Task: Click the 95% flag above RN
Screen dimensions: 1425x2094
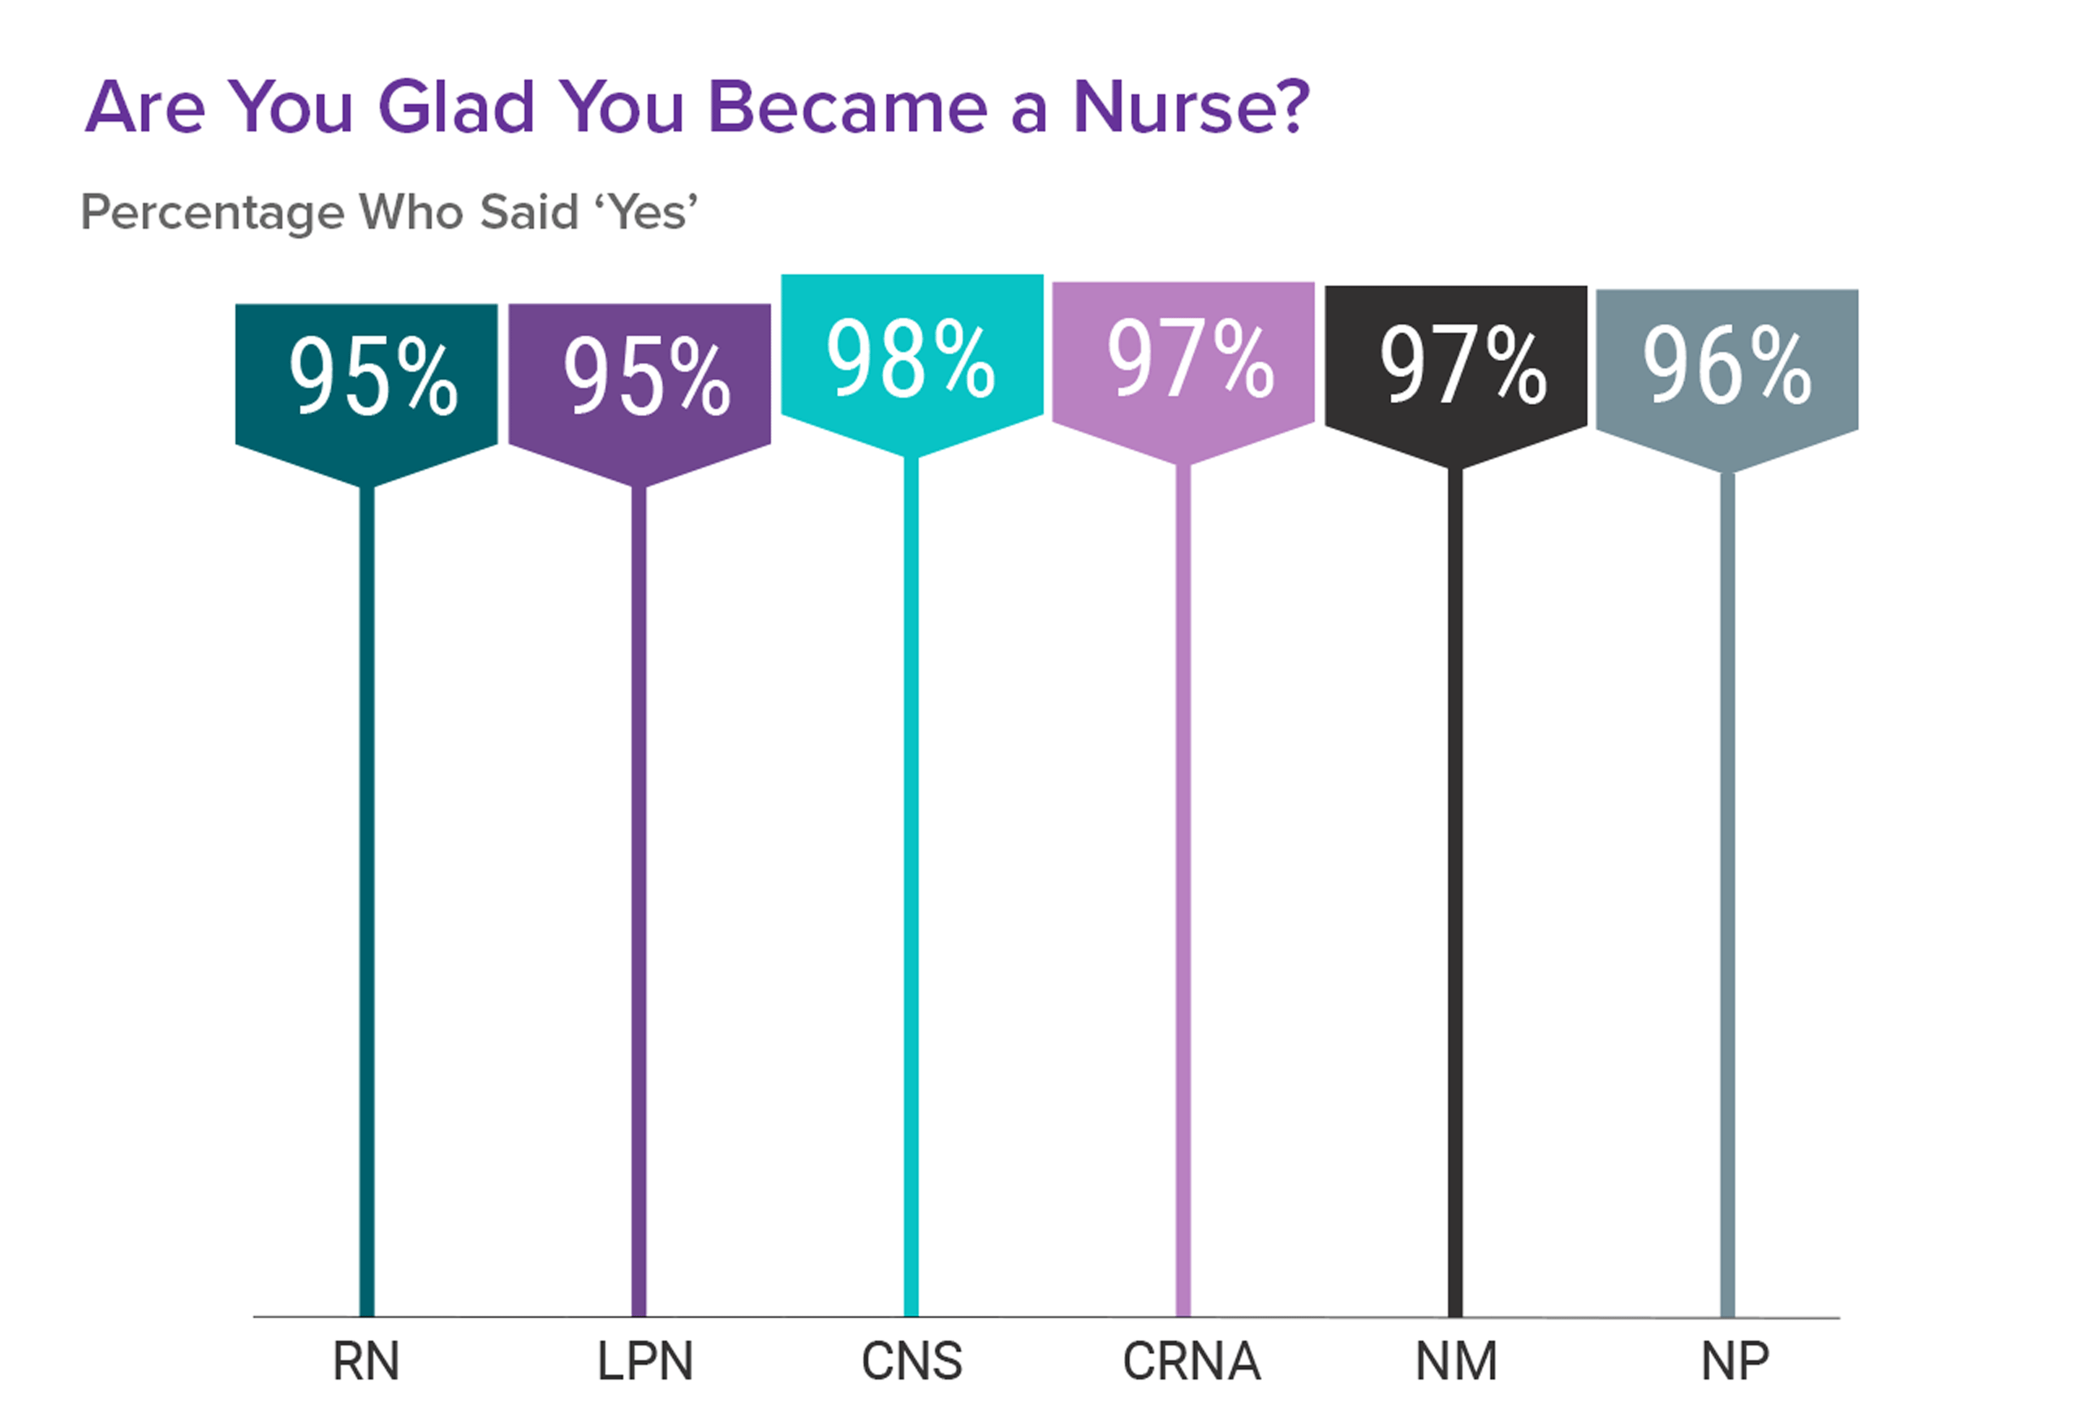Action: click(367, 378)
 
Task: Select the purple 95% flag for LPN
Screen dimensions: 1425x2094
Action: click(640, 378)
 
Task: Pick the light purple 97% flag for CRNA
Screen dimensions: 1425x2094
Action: click(1183, 360)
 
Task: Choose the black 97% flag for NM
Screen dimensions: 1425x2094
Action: click(1456, 365)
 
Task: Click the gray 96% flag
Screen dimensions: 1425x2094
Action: click(1727, 368)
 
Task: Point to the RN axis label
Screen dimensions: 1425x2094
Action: click(366, 1362)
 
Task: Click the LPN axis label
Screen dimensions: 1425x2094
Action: click(645, 1362)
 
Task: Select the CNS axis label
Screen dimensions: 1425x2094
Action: click(911, 1362)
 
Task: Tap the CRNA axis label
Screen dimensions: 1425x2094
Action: click(1191, 1362)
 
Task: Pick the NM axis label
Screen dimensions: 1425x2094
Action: click(1456, 1362)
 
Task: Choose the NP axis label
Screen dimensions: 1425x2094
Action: click(1734, 1362)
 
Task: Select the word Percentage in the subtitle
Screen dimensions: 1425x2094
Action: click(213, 213)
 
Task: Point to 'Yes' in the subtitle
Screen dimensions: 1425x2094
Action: click(646, 213)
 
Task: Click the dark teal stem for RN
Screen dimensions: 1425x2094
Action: click(367, 901)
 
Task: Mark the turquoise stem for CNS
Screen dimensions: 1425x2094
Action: click(911, 901)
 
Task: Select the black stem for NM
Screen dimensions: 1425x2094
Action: click(1455, 901)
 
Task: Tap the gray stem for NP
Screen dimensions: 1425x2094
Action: click(1727, 901)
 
